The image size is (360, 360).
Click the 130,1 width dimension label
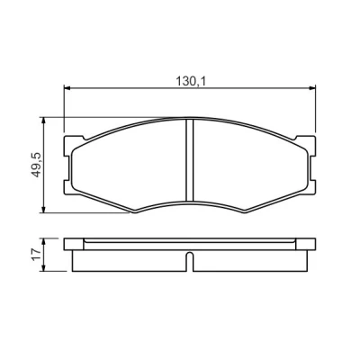[190, 81]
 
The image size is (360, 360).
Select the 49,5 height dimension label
[36, 165]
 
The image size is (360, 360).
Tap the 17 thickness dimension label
[36, 255]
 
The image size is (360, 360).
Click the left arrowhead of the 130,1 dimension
[67, 88]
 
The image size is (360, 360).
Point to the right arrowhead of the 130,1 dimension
[312, 88]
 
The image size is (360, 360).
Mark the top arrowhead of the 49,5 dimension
[44, 121]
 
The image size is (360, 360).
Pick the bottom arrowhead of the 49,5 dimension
[44, 210]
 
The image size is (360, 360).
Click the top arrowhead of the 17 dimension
[44, 242]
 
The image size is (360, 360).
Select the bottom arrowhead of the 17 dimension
[44, 268]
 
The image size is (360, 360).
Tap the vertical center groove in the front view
[190, 160]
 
